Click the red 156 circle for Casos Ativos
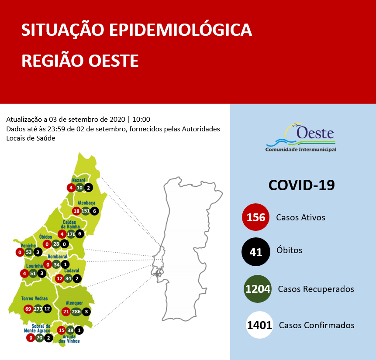click(x=256, y=217)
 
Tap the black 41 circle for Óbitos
click(x=256, y=251)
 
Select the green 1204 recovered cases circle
click(x=258, y=289)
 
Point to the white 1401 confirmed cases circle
click(x=259, y=325)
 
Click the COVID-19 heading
click(x=301, y=185)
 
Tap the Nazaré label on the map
click(x=79, y=180)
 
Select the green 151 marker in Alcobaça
click(x=86, y=211)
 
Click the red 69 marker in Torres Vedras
click(x=29, y=309)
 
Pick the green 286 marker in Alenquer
click(x=76, y=312)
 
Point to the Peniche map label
click(x=28, y=246)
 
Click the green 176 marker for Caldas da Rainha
click(x=71, y=234)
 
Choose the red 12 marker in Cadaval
click(x=59, y=278)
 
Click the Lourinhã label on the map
click(x=34, y=266)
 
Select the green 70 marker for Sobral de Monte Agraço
click(x=40, y=337)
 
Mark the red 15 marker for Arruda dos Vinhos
click(x=61, y=330)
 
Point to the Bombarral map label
click(x=58, y=257)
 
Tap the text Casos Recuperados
click(x=316, y=289)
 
